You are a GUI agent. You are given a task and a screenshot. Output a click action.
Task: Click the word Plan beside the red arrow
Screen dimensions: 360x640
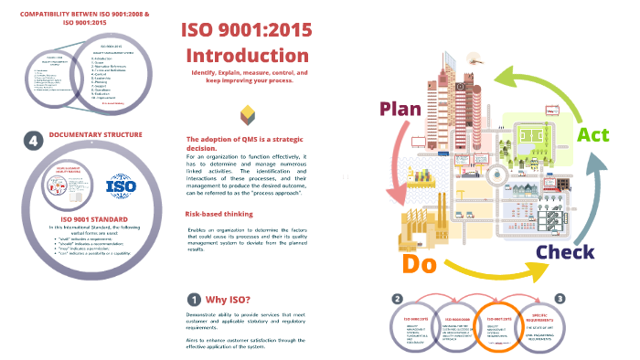[x=400, y=110]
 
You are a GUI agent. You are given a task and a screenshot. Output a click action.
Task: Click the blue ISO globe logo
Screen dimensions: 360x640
[x=121, y=187]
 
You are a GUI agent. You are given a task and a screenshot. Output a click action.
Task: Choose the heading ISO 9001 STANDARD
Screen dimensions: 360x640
[x=84, y=218]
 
